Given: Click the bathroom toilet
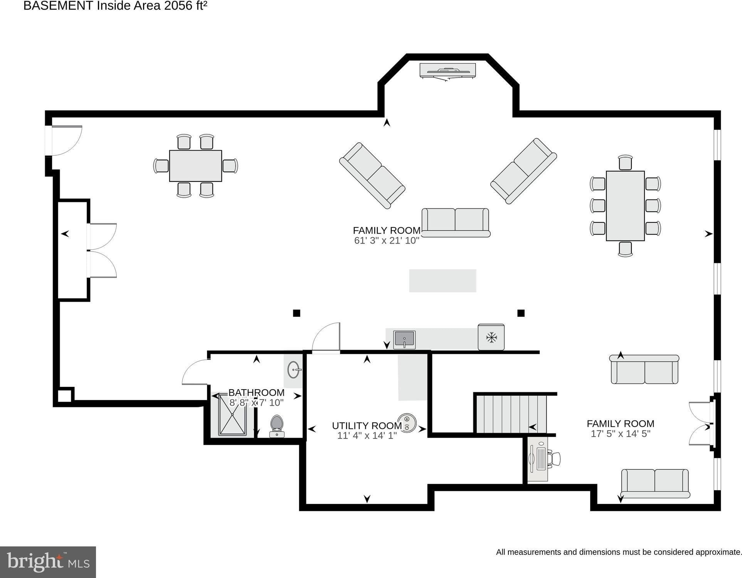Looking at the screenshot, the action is point(277,426).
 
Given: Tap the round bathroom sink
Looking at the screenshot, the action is point(294,370).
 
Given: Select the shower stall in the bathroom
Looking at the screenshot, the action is point(232,414).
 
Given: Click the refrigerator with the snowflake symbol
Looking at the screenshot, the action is point(491,337).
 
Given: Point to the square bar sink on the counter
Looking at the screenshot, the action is point(404,340).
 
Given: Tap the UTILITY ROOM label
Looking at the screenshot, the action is point(367,426).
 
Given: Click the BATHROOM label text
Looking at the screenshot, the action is point(256,393).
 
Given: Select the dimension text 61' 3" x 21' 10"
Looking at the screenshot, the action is point(387,240).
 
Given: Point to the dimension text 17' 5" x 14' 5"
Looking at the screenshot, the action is point(621,434).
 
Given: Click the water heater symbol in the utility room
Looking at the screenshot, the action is point(407,423).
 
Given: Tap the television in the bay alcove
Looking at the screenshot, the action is point(448,71).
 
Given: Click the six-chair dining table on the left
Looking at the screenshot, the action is point(195,166).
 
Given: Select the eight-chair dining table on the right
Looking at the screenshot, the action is point(625,206).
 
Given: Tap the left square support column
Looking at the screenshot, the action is point(296,313).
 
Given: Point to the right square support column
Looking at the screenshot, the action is point(521,313).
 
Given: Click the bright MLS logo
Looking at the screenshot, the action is point(48,562).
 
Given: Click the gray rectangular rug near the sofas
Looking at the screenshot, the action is point(443,281).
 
